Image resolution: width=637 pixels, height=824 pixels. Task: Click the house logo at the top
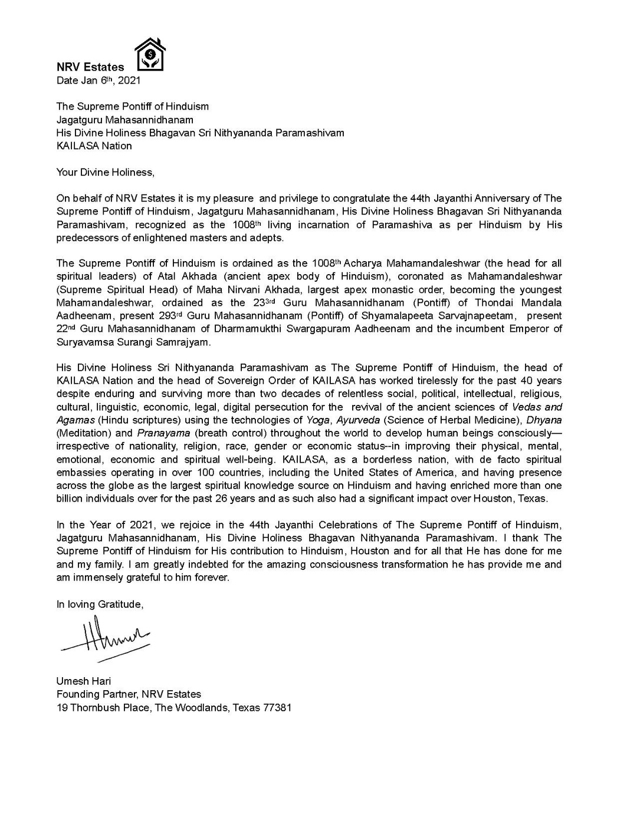[149, 55]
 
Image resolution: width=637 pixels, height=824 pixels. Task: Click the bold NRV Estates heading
[90, 67]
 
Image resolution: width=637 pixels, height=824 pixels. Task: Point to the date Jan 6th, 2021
[98, 81]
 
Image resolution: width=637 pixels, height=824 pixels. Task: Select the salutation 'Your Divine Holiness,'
[105, 172]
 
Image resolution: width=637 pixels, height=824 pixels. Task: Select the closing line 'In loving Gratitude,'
[100, 604]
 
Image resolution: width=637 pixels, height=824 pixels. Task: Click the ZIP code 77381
[277, 707]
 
